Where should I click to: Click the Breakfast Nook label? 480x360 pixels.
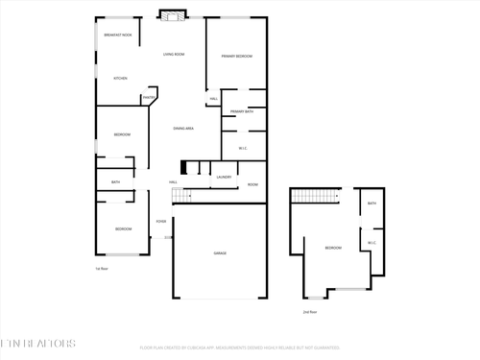click(x=118, y=35)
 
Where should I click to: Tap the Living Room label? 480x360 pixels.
click(x=174, y=55)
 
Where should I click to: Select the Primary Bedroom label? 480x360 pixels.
click(x=237, y=57)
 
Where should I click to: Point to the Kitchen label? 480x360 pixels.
click(x=121, y=78)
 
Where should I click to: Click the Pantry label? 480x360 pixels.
click(x=149, y=97)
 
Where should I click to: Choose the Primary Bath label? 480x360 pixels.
click(x=242, y=111)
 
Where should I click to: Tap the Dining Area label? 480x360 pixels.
click(x=183, y=128)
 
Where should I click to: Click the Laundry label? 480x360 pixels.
click(x=224, y=177)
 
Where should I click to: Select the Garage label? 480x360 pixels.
click(x=220, y=252)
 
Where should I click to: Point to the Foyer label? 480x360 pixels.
click(x=161, y=222)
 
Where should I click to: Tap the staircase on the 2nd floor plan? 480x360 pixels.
click(x=317, y=197)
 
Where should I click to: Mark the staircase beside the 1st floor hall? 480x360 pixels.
click(x=181, y=196)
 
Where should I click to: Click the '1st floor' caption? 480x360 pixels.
click(x=101, y=269)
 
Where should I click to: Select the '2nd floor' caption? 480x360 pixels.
click(x=309, y=312)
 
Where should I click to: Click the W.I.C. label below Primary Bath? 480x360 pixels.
click(x=242, y=148)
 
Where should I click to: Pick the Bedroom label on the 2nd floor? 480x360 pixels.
click(x=333, y=249)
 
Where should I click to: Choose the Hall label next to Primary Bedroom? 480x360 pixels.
click(x=213, y=99)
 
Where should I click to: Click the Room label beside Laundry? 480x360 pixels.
click(x=253, y=184)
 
